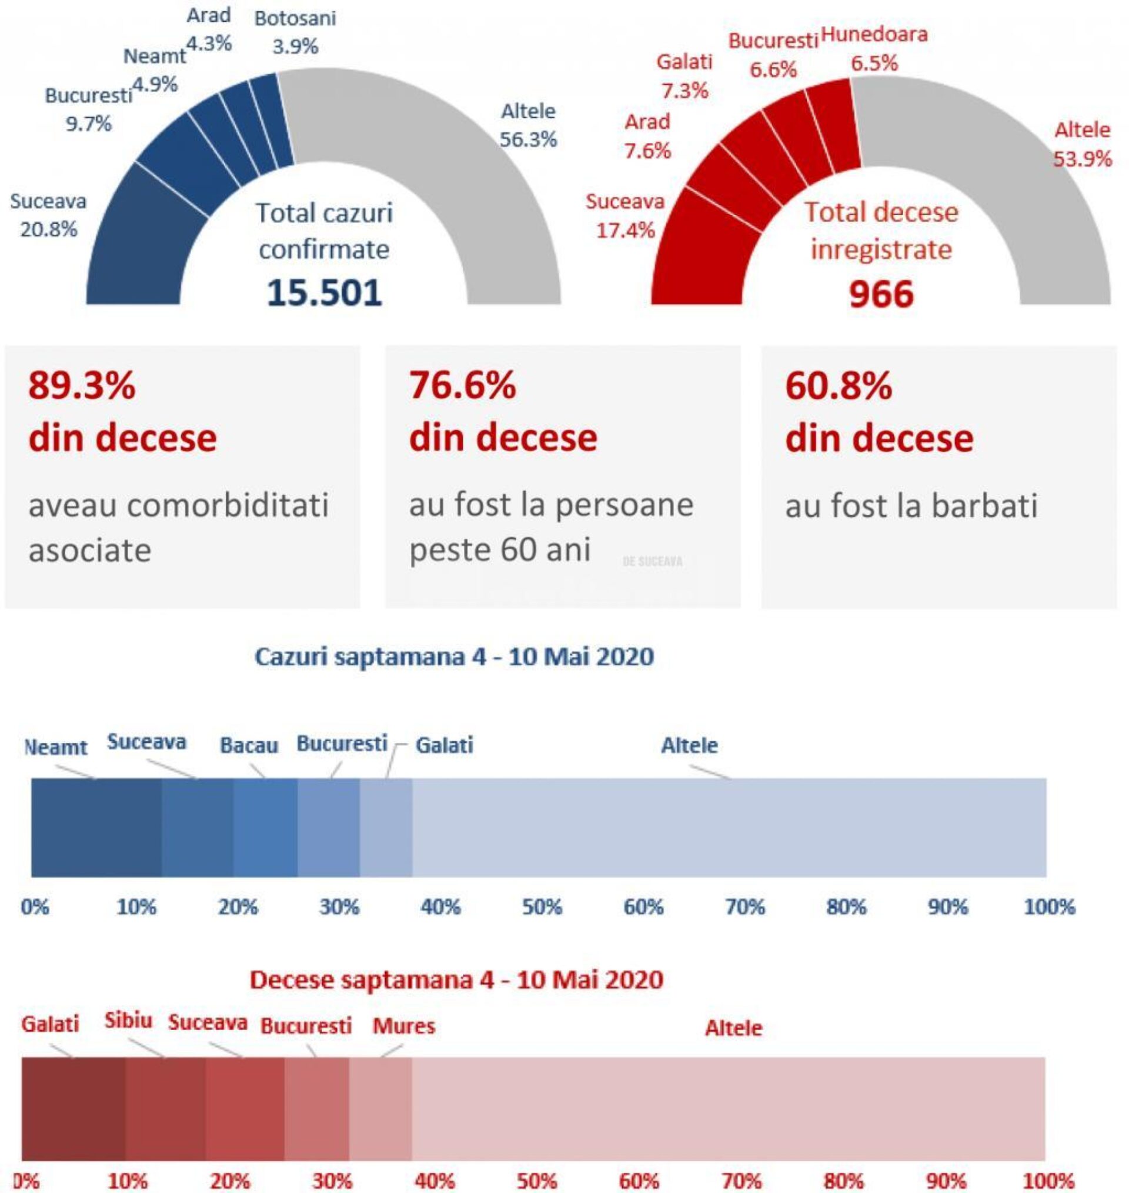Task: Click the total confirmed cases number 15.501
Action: click(324, 293)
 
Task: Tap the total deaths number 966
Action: click(880, 294)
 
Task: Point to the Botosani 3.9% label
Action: click(295, 32)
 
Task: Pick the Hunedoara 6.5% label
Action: click(874, 48)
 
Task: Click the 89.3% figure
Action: click(82, 385)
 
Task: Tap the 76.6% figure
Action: click(462, 385)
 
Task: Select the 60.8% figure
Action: click(839, 386)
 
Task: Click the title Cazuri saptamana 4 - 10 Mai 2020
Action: click(454, 656)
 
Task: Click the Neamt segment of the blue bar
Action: click(96, 827)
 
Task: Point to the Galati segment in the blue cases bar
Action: click(386, 827)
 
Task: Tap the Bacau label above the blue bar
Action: click(249, 745)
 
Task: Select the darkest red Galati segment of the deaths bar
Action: click(74, 1108)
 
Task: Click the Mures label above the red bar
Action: click(403, 1026)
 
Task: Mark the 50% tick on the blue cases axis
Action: click(542, 907)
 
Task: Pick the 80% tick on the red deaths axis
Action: click(844, 1181)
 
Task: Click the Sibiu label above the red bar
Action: click(128, 1020)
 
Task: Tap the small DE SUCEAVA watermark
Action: click(652, 562)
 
